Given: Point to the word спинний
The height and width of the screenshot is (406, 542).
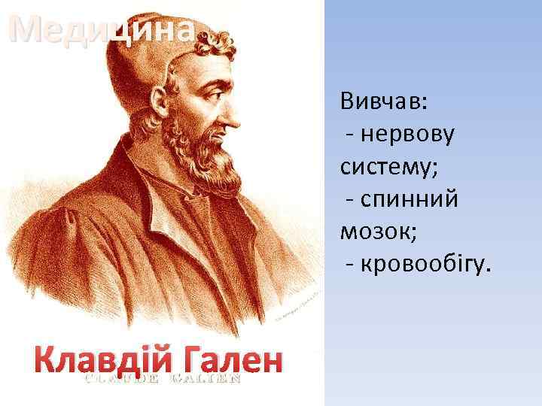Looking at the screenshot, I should click(x=410, y=199).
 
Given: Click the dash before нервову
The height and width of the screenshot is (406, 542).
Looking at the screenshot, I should click(x=351, y=135).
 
